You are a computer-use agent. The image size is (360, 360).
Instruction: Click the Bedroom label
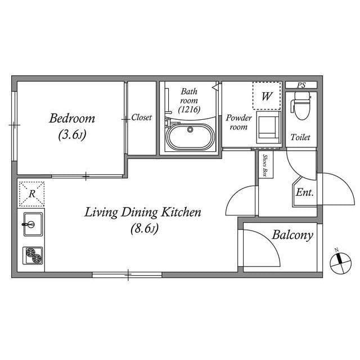(x=72, y=119)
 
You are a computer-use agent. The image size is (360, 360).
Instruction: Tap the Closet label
(x=141, y=118)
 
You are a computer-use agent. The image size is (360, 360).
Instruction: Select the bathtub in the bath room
(x=190, y=137)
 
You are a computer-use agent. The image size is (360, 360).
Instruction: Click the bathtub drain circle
(x=190, y=130)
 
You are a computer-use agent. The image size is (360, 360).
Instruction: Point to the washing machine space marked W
(x=267, y=96)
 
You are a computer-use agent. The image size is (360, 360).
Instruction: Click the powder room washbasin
(x=269, y=128)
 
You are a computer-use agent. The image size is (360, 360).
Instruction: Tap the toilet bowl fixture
(x=301, y=106)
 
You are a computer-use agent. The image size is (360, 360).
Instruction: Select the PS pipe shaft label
(x=301, y=85)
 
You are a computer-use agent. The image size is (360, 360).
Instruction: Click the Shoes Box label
(x=265, y=165)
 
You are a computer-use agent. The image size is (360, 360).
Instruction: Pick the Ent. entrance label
(x=305, y=192)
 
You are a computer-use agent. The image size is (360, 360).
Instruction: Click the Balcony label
(x=292, y=235)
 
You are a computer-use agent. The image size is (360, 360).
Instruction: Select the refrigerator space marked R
(x=31, y=194)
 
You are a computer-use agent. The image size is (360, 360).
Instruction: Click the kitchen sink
(x=33, y=224)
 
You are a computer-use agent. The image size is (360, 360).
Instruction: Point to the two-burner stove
(x=33, y=255)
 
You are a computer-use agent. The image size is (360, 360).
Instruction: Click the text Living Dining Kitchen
(x=143, y=213)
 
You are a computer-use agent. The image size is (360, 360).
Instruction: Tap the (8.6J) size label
(x=145, y=229)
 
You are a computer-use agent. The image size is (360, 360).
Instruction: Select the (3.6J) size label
(x=72, y=135)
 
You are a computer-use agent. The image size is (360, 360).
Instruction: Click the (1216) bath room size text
(x=189, y=110)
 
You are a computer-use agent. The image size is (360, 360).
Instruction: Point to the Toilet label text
(x=300, y=137)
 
